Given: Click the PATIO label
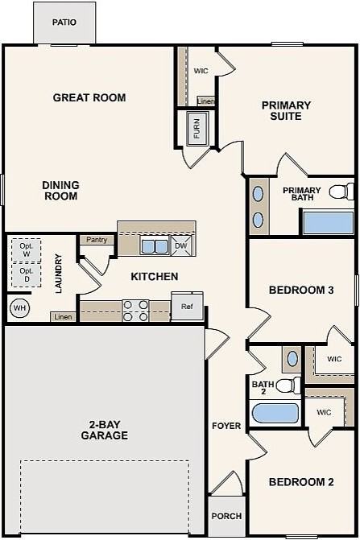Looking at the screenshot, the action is click(x=64, y=23).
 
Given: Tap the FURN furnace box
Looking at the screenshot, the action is click(x=197, y=129).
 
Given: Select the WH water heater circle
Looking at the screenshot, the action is click(x=19, y=307).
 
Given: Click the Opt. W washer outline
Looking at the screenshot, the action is click(x=27, y=250).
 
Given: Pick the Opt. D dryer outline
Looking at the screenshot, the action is click(x=27, y=274).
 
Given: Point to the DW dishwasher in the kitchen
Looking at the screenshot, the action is click(x=181, y=246).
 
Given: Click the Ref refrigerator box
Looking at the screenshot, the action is click(x=187, y=306).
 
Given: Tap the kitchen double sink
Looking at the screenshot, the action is click(x=155, y=246).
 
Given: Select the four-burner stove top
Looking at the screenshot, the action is click(x=136, y=311).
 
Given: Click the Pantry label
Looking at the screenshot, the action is click(x=97, y=240).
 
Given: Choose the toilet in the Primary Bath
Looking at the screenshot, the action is click(x=341, y=192).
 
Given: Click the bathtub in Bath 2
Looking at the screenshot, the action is click(x=275, y=414).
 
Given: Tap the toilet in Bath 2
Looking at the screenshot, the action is click(x=288, y=385).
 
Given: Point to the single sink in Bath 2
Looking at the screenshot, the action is click(x=292, y=359).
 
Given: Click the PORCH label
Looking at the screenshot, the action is click(x=226, y=516).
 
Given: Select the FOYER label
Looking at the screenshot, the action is click(x=226, y=426).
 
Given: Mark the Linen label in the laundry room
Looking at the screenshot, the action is click(x=64, y=317).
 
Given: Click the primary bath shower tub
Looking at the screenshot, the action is click(x=329, y=223).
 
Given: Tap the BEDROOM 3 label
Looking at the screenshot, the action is click(x=301, y=290).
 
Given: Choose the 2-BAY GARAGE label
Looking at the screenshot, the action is click(x=105, y=430).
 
